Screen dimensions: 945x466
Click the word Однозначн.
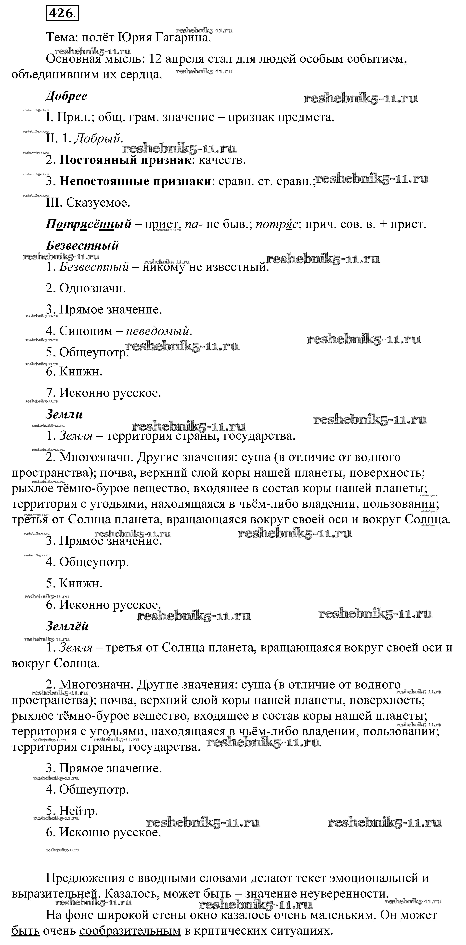pos(93,288)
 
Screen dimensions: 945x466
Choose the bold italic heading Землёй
pos(67,626)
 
